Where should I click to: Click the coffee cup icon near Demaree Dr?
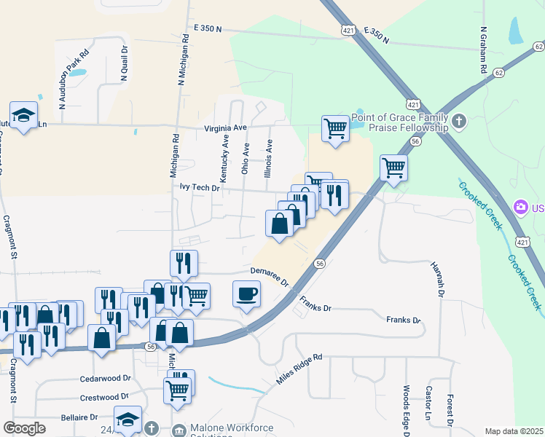(x=246, y=294)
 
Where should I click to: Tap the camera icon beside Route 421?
(x=521, y=208)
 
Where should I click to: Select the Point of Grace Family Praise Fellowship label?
(x=399, y=122)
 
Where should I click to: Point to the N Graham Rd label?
(x=483, y=51)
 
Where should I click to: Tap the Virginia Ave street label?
(x=225, y=127)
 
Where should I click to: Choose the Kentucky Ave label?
(x=225, y=158)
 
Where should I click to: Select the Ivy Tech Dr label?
(x=200, y=187)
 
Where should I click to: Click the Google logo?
(x=24, y=428)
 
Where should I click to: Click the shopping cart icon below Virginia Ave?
(x=335, y=129)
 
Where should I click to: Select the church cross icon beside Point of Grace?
(x=459, y=121)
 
